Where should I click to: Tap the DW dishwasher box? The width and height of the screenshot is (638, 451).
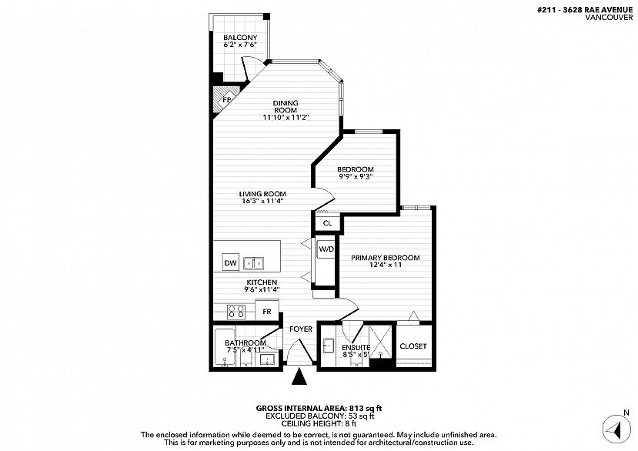pyautogui.click(x=231, y=263)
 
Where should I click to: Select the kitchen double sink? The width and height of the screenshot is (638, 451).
pyautogui.click(x=253, y=263)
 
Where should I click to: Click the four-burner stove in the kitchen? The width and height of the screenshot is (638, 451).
pyautogui.click(x=236, y=312)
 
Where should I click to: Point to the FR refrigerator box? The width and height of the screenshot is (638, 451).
pyautogui.click(x=267, y=312)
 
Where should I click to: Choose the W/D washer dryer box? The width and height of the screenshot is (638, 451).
pyautogui.click(x=326, y=249)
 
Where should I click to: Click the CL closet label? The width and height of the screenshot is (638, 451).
pyautogui.click(x=328, y=223)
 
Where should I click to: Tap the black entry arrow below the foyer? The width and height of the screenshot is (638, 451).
pyautogui.click(x=300, y=376)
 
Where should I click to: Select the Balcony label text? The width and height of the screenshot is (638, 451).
pyautogui.click(x=240, y=38)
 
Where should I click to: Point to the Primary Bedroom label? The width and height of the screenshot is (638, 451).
pyautogui.click(x=386, y=258)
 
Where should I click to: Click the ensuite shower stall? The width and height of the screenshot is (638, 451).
pyautogui.click(x=381, y=342)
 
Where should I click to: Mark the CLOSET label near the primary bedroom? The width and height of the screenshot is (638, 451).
pyautogui.click(x=413, y=346)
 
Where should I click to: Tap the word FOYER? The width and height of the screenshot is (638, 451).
pyautogui.click(x=301, y=329)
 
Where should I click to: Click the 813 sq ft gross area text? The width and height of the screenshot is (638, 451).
pyautogui.click(x=365, y=408)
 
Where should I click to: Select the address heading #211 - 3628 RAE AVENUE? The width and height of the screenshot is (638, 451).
pyautogui.click(x=585, y=10)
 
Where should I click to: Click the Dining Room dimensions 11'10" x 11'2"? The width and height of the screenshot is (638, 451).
pyautogui.click(x=286, y=117)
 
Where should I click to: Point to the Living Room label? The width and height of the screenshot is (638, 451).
pyautogui.click(x=262, y=194)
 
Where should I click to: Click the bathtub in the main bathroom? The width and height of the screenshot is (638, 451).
pyautogui.click(x=224, y=347)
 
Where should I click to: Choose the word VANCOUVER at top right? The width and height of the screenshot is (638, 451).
pyautogui.click(x=609, y=17)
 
